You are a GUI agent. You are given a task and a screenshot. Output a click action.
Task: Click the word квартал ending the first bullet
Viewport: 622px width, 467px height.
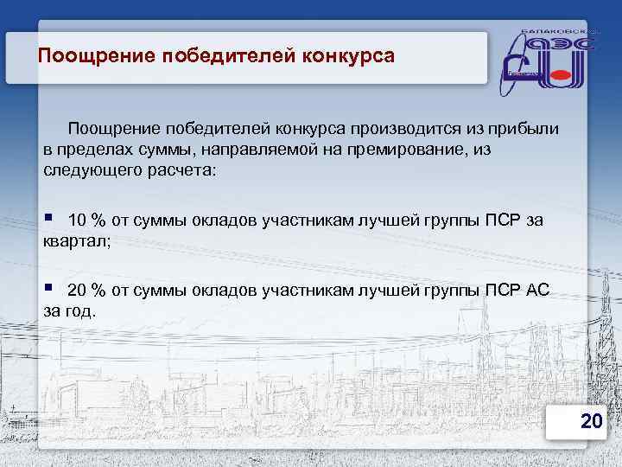point(76,242)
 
